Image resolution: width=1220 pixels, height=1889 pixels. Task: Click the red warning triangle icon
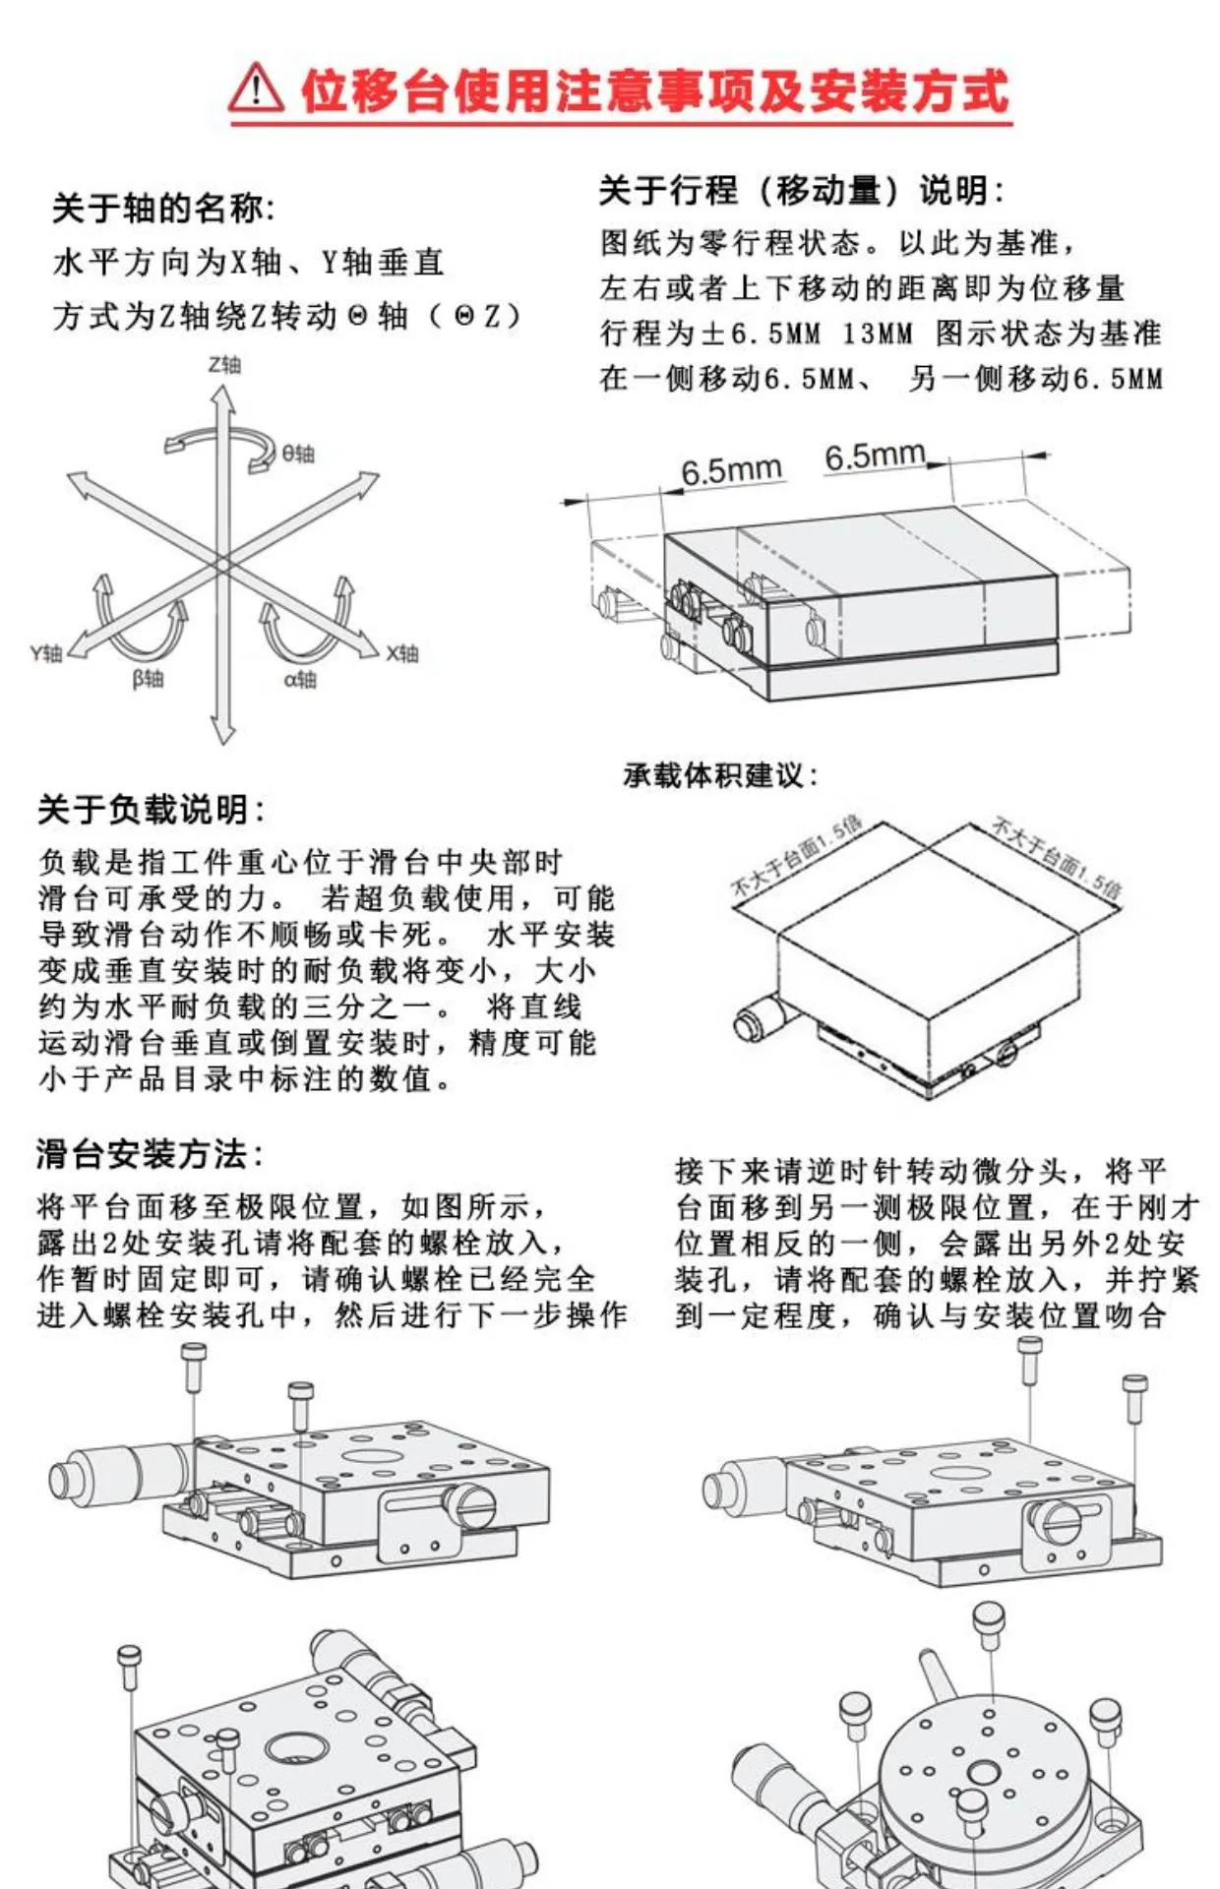pyautogui.click(x=256, y=89)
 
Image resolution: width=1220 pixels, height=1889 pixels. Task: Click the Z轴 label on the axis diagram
pyautogui.click(x=224, y=365)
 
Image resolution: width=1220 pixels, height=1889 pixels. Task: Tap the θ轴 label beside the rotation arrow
pyautogui.click(x=298, y=454)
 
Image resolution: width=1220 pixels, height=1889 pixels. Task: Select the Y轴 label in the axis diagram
pyautogui.click(x=46, y=653)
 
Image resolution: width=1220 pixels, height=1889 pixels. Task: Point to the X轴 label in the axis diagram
pyautogui.click(x=402, y=653)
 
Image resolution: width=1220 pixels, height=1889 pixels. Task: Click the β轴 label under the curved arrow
pyautogui.click(x=149, y=679)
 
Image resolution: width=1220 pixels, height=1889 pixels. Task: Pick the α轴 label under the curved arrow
pyautogui.click(x=300, y=679)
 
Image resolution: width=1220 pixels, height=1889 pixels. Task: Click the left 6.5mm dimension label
pyautogui.click(x=731, y=470)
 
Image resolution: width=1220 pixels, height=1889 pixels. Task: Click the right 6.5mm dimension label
pyautogui.click(x=875, y=456)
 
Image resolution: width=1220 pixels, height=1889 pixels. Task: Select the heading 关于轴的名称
pyautogui.click(x=162, y=209)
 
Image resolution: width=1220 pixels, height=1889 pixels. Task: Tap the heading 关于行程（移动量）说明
pyautogui.click(x=801, y=190)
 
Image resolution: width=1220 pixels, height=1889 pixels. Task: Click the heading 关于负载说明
pyautogui.click(x=151, y=810)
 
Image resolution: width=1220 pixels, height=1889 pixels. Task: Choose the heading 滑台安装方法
pyautogui.click(x=150, y=1153)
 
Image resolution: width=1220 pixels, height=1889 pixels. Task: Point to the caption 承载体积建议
pyautogui.click(x=720, y=775)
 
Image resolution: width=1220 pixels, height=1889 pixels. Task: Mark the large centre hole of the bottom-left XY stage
pyautogui.click(x=293, y=1748)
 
